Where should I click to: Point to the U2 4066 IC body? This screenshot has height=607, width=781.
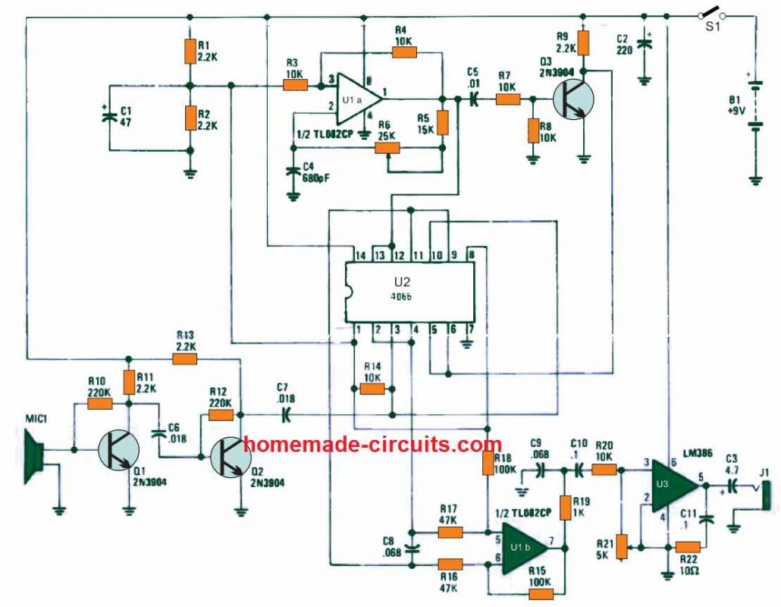(x=410, y=293)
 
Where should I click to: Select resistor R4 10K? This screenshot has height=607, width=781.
(x=404, y=52)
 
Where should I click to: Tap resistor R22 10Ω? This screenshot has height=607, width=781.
(x=687, y=546)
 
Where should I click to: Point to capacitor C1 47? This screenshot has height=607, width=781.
(x=108, y=115)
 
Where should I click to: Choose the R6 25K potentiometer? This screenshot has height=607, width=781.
(x=387, y=148)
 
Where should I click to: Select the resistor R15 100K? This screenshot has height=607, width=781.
(x=539, y=593)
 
